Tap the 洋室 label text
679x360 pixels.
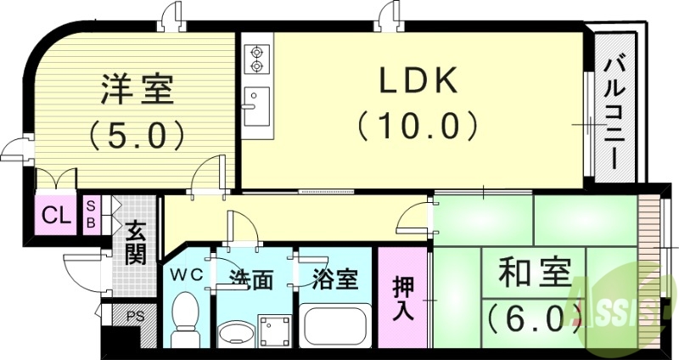(x=137, y=90)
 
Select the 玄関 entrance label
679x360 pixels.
(x=136, y=242)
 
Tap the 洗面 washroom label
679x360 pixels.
(x=251, y=278)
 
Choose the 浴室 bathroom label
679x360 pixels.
(x=334, y=278)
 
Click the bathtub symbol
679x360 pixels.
(x=334, y=326)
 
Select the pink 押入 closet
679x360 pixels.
(x=403, y=297)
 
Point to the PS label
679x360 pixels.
(x=134, y=316)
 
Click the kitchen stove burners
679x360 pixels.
(x=255, y=57)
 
